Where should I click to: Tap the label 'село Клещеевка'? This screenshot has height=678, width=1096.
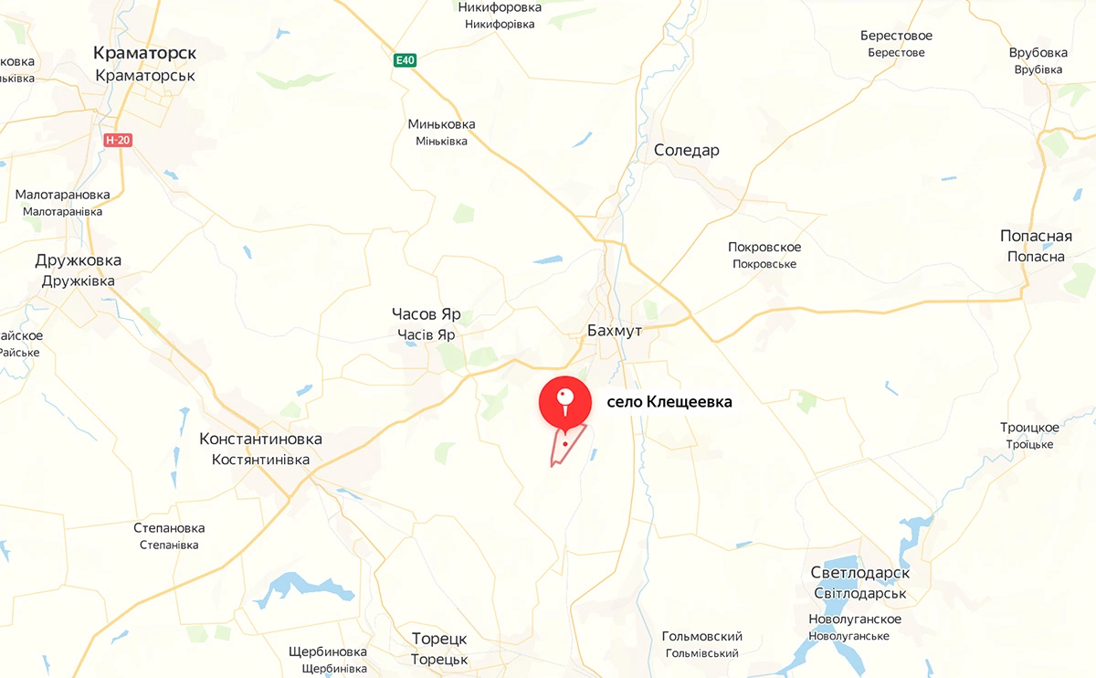tap(669, 401)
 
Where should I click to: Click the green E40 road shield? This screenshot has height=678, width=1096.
tap(405, 60)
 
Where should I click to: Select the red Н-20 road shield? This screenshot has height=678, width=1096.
tap(117, 140)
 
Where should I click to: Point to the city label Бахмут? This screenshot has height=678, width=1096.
tap(615, 330)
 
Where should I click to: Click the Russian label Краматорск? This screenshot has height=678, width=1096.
tap(145, 53)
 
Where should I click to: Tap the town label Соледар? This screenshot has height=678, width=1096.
tap(687, 151)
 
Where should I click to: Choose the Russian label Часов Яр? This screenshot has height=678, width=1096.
tap(427, 314)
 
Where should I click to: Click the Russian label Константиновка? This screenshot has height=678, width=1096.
tap(260, 439)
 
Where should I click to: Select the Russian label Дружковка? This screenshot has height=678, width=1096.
tap(79, 260)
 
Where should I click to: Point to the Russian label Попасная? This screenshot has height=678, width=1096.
tap(1036, 236)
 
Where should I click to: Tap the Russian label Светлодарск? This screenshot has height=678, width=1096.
tap(859, 573)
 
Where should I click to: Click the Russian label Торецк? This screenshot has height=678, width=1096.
tap(439, 639)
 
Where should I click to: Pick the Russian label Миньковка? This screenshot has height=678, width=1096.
tap(441, 124)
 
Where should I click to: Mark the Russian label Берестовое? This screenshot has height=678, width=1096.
tap(896, 36)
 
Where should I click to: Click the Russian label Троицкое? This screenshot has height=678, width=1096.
tap(1029, 428)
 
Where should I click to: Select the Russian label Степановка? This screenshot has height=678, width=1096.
tap(169, 528)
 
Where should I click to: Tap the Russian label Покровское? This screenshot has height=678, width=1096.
tap(764, 247)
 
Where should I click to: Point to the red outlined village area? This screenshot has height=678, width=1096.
tap(564, 448)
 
